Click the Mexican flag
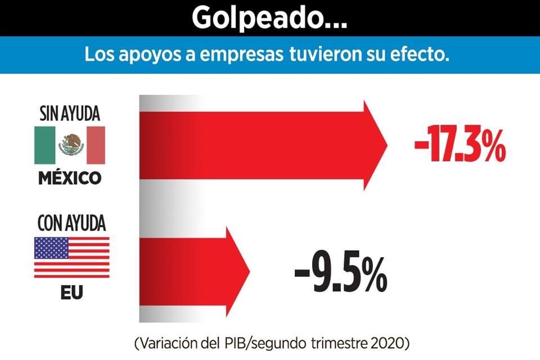tap(70, 145)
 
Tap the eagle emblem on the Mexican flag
tap(70, 145)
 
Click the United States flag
tap(71, 257)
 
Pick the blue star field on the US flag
tap(50, 247)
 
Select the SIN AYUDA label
tap(70, 114)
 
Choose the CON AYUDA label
tap(71, 223)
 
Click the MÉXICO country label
tap(70, 178)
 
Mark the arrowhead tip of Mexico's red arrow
tap(387, 145)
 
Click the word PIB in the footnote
tap(247, 343)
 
